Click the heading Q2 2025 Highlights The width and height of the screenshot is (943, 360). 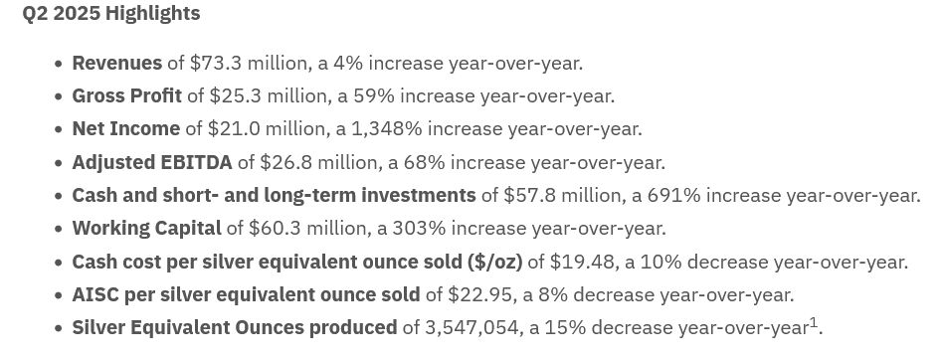[111, 13]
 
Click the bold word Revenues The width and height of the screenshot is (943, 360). [116, 63]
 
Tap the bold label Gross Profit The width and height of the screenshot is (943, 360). [127, 96]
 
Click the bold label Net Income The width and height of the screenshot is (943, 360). [125, 129]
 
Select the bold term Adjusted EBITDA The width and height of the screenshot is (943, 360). [152, 162]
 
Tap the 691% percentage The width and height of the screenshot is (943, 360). [673, 195]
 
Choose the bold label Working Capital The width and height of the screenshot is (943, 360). [147, 229]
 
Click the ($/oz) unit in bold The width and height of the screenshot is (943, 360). [495, 262]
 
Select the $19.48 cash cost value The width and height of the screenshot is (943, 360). [582, 262]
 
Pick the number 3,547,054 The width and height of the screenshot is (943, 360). [471, 328]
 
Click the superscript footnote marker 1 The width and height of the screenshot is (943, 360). [814, 323]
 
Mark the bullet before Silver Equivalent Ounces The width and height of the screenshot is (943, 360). [58, 329]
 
